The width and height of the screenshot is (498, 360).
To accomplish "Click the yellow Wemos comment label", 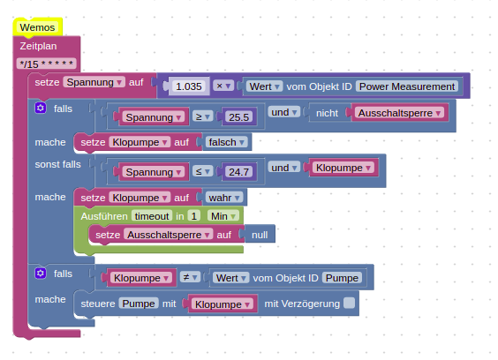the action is (37, 27).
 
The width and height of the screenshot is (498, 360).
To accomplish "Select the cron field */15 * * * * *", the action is (47, 64).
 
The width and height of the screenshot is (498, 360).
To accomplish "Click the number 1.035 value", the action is (189, 86).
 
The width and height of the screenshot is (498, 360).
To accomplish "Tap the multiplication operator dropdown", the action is (223, 86).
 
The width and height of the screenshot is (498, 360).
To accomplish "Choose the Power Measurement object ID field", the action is (407, 86).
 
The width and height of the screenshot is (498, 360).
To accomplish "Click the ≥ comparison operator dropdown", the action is (202, 116).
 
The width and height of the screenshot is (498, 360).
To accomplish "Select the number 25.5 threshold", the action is (238, 117).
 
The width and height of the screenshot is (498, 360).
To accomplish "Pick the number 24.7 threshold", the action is (238, 172).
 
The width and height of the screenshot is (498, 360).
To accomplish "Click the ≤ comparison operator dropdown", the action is (202, 172).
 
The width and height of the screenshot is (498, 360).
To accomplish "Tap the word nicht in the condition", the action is (327, 113).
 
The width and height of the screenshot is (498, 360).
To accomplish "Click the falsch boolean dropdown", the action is (226, 142).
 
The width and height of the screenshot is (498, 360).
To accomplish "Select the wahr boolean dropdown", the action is (224, 198).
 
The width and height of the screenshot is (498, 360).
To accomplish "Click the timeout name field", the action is (152, 216).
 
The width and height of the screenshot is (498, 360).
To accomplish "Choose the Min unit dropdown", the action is (223, 216).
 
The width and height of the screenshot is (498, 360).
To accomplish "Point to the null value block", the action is (260, 235).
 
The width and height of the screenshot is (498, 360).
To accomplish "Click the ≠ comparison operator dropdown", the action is (190, 277).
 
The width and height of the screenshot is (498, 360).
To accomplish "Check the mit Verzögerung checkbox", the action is (349, 303).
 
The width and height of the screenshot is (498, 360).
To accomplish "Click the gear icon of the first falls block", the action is (41, 108).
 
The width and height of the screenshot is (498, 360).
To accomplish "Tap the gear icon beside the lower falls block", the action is (41, 273).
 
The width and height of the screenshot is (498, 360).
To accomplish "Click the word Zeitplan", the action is (38, 46).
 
